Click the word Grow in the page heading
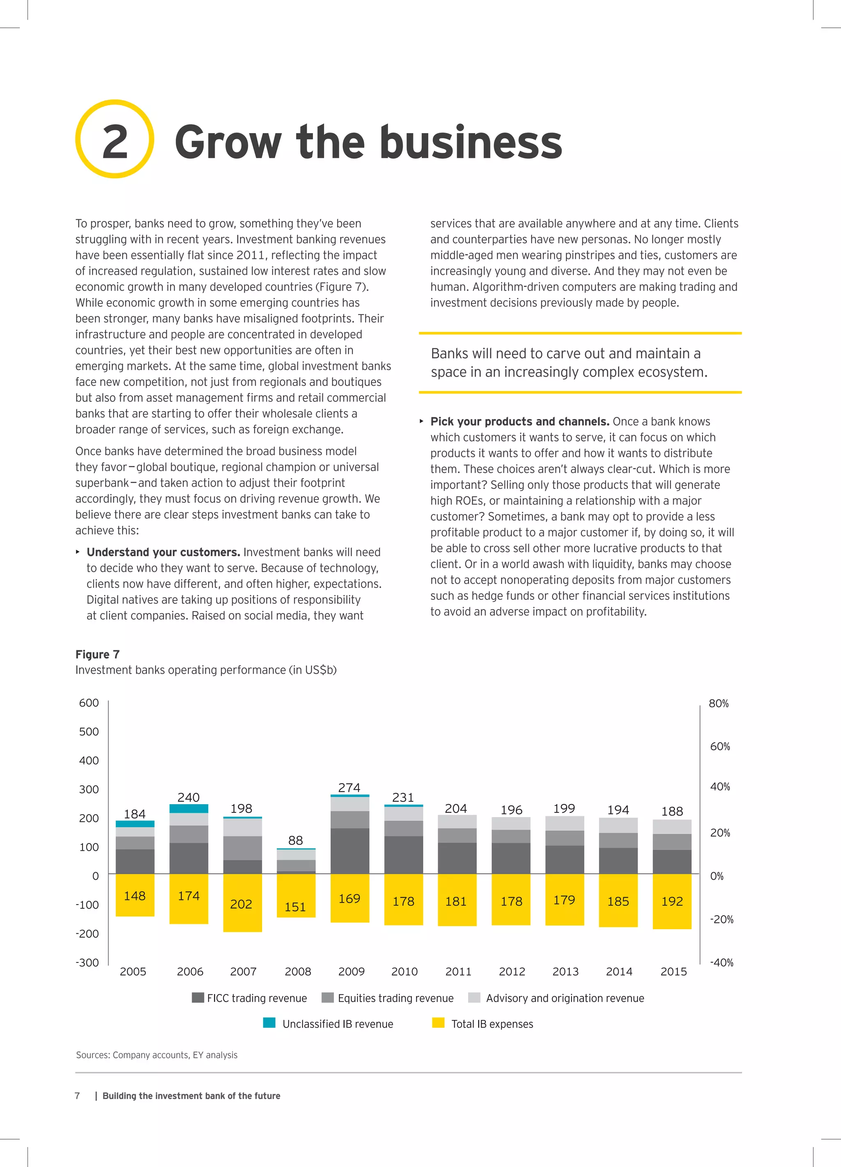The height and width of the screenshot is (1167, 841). tap(228, 143)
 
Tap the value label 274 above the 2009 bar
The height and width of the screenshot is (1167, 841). tap(349, 787)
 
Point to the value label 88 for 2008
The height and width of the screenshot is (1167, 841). tap(295, 840)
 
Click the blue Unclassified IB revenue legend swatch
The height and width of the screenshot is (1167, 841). tap(269, 1022)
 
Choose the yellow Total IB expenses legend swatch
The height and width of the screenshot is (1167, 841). tap(438, 1022)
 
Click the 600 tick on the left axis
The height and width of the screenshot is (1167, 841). tap(89, 703)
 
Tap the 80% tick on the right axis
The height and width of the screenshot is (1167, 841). tap(719, 703)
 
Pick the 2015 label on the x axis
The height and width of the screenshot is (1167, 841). tap(673, 971)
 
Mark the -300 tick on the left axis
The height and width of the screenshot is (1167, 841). tap(87, 962)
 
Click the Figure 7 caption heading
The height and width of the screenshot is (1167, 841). tap(97, 654)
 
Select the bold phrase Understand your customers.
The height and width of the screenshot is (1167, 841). tap(163, 552)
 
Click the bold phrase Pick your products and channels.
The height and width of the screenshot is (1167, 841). tap(519, 421)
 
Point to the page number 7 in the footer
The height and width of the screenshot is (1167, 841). tap(78, 1096)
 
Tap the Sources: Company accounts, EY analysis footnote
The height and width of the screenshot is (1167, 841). tap(157, 1055)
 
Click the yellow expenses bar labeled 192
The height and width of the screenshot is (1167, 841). tap(672, 902)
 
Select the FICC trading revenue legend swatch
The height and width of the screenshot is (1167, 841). tap(198, 998)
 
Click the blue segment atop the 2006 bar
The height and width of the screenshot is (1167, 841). tap(189, 808)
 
